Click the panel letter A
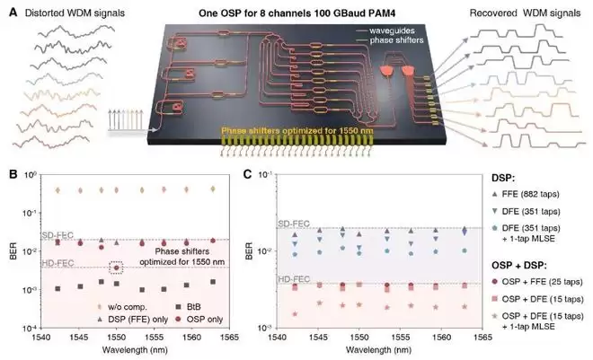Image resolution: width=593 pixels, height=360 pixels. coord(13,13)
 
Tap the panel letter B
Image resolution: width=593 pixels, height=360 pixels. coord(13,174)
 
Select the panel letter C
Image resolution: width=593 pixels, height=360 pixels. coord(249,174)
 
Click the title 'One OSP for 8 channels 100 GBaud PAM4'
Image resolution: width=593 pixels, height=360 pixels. coord(296,13)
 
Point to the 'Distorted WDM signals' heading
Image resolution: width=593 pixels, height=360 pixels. coord(75,13)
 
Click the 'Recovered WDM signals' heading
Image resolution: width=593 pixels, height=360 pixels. coord(525,13)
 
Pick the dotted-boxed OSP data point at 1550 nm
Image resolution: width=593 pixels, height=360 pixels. coord(117,268)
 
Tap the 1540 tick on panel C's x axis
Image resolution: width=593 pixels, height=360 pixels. coord(278,337)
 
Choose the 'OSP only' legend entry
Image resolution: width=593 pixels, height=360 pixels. coord(199,320)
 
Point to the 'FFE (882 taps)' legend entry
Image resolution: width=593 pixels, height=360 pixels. coord(526,194)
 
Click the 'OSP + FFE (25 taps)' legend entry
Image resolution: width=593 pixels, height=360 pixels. coord(537,282)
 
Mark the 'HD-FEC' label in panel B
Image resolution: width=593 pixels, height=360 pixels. coord(58,263)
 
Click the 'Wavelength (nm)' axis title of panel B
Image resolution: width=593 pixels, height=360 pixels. coord(135,350)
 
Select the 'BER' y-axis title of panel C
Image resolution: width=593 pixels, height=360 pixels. coord(249,251)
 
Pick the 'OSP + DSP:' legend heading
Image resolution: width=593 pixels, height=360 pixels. coord(519,266)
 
